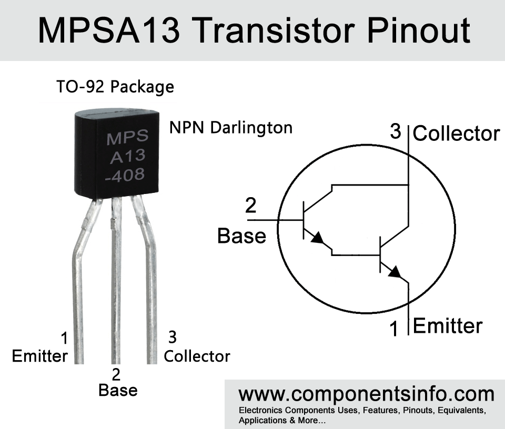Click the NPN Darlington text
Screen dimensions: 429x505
click(x=231, y=128)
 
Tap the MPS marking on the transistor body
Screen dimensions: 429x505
click(x=127, y=139)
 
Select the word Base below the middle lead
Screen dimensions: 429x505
click(x=118, y=390)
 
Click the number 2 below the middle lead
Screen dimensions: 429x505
click(x=116, y=374)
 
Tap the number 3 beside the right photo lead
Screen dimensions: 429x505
click(x=171, y=336)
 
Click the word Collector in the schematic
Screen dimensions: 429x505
click(x=456, y=134)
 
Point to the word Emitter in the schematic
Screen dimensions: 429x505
click(x=448, y=326)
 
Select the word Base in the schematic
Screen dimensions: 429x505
click(x=241, y=236)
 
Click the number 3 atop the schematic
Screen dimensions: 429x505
click(x=396, y=131)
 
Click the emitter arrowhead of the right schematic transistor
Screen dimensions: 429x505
click(x=395, y=272)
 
